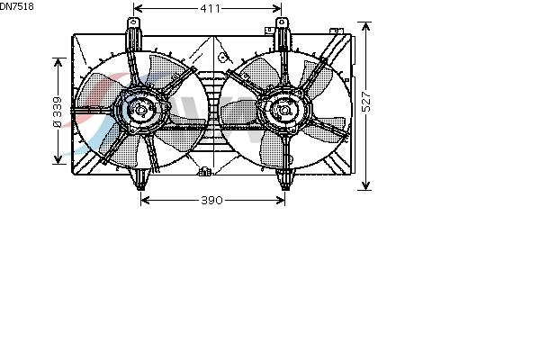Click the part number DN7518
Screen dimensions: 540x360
coord(16,6)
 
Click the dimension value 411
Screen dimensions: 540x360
coord(210,9)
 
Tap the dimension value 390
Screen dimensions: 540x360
coord(211,200)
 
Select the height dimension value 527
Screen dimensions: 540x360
coord(367,102)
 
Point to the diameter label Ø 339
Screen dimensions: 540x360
coord(58,112)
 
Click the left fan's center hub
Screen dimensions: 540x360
coord(141,111)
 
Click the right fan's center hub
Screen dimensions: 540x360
coord(285,110)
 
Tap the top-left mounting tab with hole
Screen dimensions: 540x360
coord(133,24)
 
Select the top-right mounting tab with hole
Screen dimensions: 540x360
coord(282,23)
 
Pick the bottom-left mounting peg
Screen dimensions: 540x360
coord(140,179)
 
